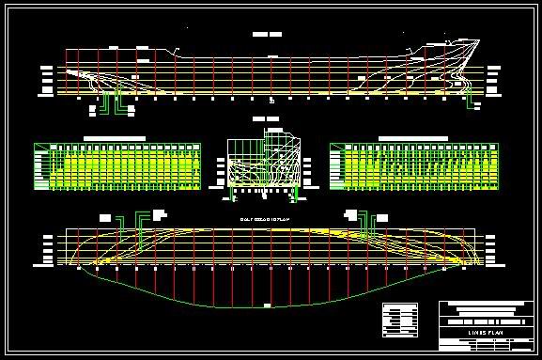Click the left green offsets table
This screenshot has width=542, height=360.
pyautogui.click(x=117, y=166)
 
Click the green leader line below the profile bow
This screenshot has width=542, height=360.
pyautogui.click(x=470, y=102)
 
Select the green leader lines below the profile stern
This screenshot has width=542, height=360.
pyautogui.click(x=113, y=102)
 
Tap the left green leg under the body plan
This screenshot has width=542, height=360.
pyautogui.click(x=234, y=193)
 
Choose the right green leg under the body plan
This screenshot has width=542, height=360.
pyautogui.click(x=298, y=193)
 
